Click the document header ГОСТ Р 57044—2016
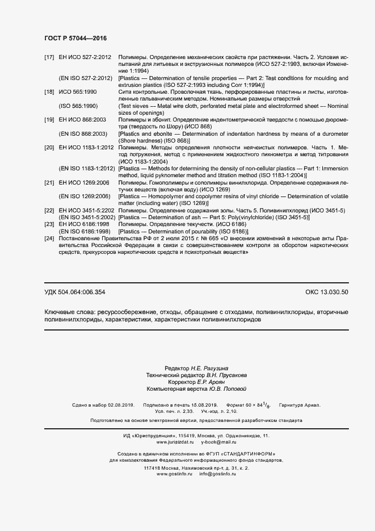coord(75,38)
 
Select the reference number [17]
coord(49,58)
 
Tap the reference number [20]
coord(49,147)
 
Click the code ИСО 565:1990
coord(78,91)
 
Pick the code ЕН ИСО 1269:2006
coord(84,182)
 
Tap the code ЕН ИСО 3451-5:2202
coord(87,211)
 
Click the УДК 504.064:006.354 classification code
coord(75,292)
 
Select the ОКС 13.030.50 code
coord(327,292)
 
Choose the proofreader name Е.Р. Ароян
coord(207,382)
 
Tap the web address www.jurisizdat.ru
coord(174,425)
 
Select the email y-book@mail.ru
coord(218,425)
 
